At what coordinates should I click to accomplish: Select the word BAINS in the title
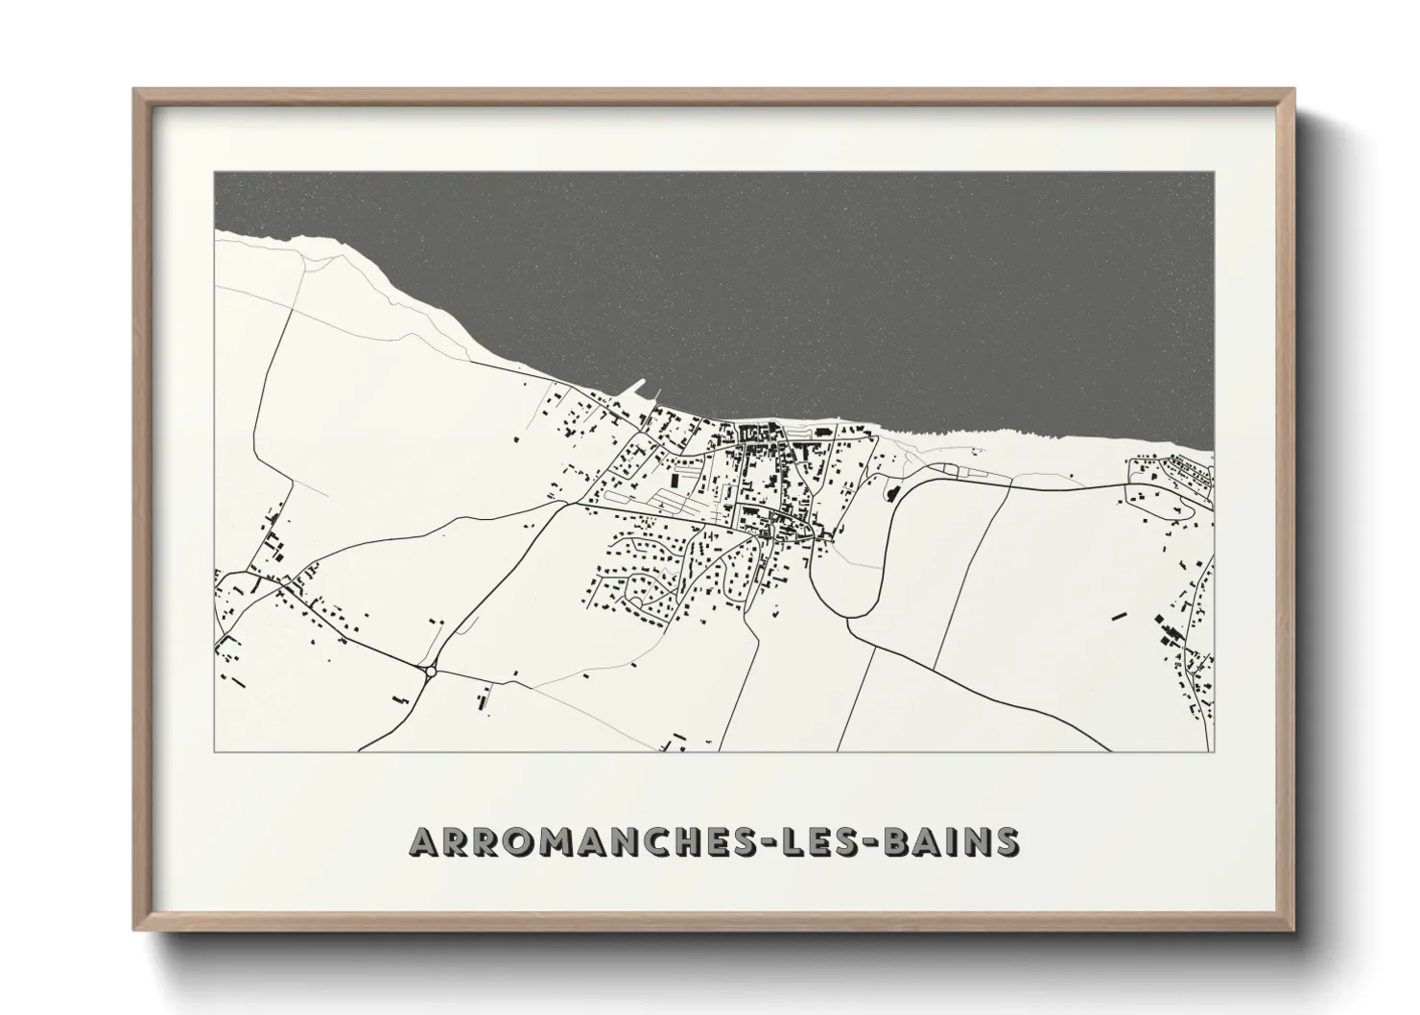958,842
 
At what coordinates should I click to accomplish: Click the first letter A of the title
424,842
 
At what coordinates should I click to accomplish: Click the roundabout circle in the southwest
429,671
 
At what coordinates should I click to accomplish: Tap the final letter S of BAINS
1007,842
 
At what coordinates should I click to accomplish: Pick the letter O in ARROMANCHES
524,842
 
